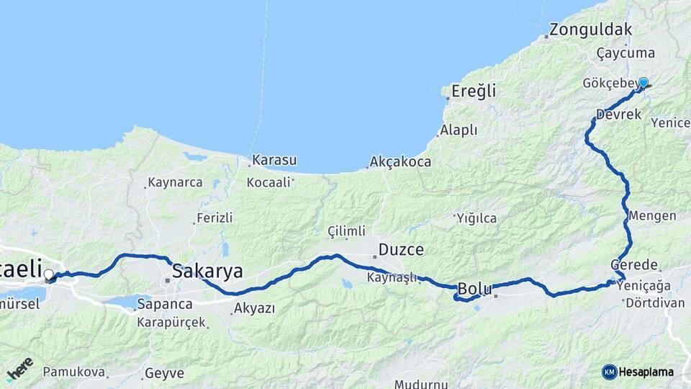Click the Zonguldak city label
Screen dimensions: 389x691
pyautogui.click(x=591, y=30)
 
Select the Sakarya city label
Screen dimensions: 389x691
pyautogui.click(x=207, y=271)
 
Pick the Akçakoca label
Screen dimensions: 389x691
pyautogui.click(x=400, y=162)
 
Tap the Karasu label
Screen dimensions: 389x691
pyautogui.click(x=274, y=160)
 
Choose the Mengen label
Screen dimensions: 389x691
pyautogui.click(x=652, y=216)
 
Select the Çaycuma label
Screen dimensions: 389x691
pyautogui.click(x=626, y=53)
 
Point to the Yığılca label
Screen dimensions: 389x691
pyautogui.click(x=476, y=217)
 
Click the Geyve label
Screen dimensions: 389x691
pyautogui.click(x=164, y=373)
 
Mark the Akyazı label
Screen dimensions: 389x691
pyautogui.click(x=254, y=309)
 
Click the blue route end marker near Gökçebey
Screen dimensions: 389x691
pyautogui.click(x=643, y=84)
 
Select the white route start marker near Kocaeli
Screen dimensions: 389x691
pyautogui.click(x=49, y=274)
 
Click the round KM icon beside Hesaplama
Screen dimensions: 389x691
pyautogui.click(x=610, y=372)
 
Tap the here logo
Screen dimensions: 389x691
pyautogui.click(x=19, y=370)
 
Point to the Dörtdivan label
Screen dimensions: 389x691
pyautogui.click(x=655, y=304)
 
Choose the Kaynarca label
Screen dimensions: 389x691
pyautogui.click(x=175, y=182)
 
